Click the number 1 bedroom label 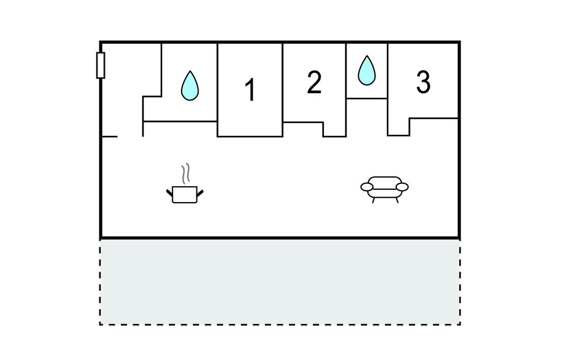(250, 90)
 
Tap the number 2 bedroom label (314, 82)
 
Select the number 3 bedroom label (423, 82)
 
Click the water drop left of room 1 (190, 86)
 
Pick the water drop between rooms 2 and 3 (366, 71)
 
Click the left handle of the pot (169, 192)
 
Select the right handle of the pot (200, 192)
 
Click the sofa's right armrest (402, 187)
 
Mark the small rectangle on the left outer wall (100, 65)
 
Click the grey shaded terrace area (280, 282)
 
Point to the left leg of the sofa (374, 199)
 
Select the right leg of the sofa (396, 199)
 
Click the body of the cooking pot (185, 195)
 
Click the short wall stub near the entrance (109, 136)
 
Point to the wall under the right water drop (366, 98)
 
